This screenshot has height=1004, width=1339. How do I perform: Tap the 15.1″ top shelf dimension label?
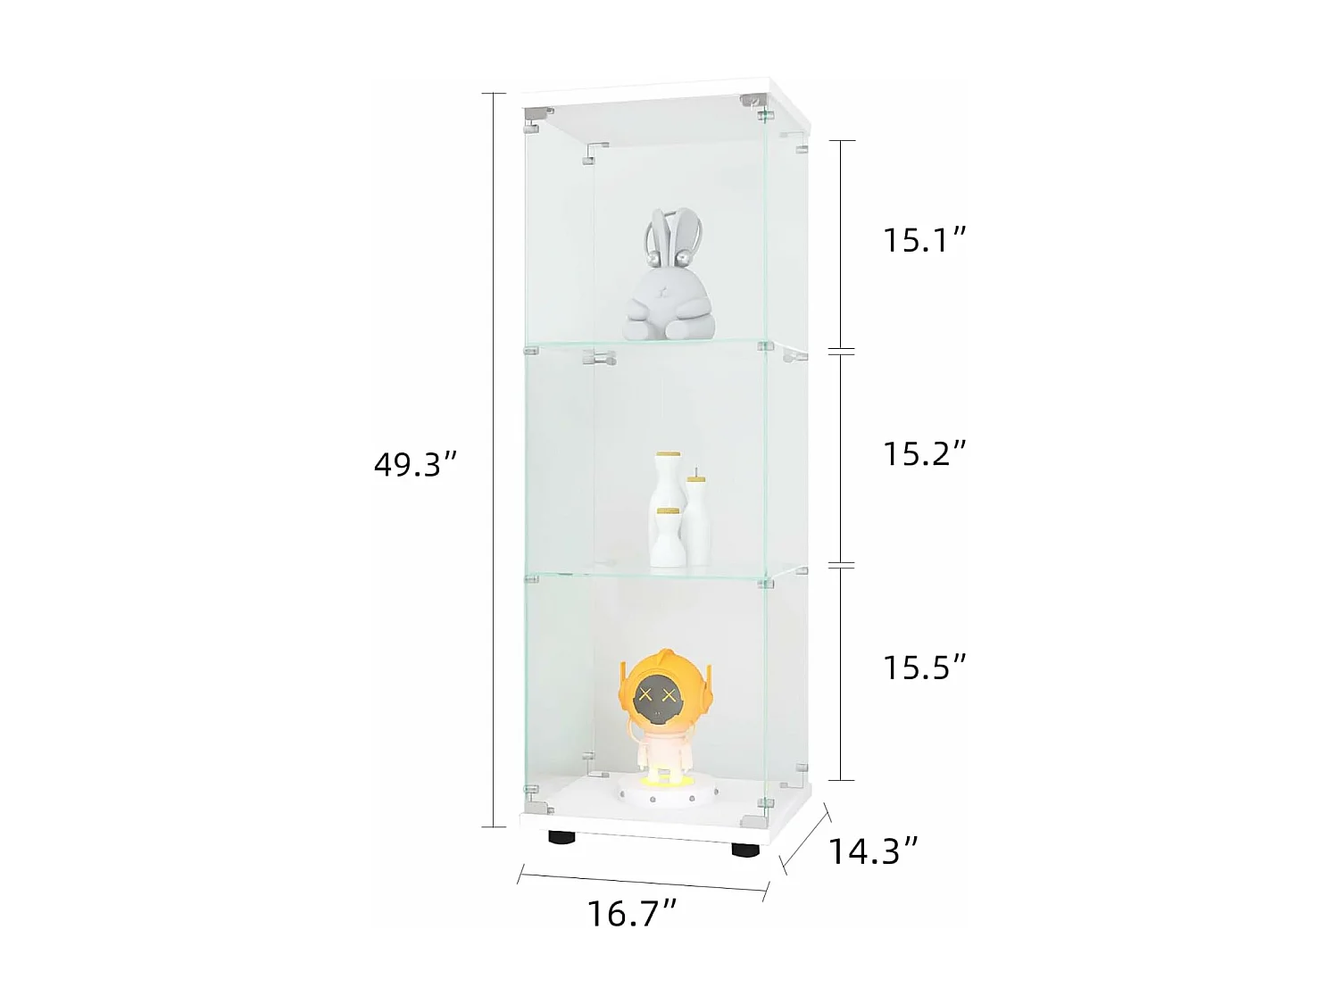(x=925, y=240)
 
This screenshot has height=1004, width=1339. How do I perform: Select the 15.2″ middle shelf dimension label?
(x=925, y=453)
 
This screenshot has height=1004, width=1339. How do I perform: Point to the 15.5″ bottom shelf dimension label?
(x=925, y=667)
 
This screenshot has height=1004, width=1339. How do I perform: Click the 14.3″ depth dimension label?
(x=872, y=851)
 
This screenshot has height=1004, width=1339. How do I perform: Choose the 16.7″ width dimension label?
(x=631, y=913)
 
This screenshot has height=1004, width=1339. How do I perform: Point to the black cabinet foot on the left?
(x=561, y=838)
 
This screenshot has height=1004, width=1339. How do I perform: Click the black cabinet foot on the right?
(x=744, y=850)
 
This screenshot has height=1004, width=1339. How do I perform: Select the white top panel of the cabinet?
(x=661, y=95)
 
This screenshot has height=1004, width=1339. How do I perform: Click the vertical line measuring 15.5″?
(x=842, y=674)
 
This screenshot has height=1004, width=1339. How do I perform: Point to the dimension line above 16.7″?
(x=642, y=881)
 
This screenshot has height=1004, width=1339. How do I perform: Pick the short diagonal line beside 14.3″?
(x=806, y=837)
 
